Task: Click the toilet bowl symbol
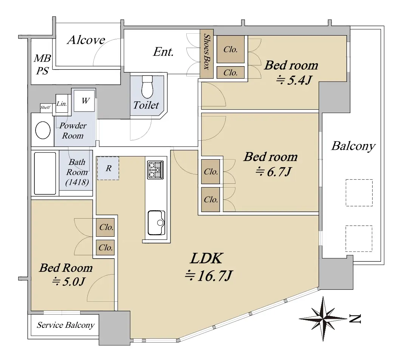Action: pyautogui.click(x=147, y=87)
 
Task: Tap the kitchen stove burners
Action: pyautogui.click(x=155, y=170)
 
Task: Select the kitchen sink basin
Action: pyautogui.click(x=156, y=223)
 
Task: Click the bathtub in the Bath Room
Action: pyautogui.click(x=45, y=174)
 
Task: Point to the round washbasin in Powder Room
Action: pyautogui.click(x=43, y=130)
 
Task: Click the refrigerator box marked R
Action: pyautogui.click(x=108, y=168)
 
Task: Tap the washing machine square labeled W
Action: pyautogui.click(x=84, y=101)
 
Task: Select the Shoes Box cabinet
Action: pyautogui.click(x=206, y=56)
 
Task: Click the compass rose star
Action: pyautogui.click(x=323, y=318)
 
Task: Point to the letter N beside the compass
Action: pyautogui.click(x=355, y=318)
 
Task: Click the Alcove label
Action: pyautogui.click(x=86, y=40)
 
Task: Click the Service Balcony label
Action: pyautogui.click(x=66, y=325)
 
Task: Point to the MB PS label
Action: pyautogui.click(x=42, y=65)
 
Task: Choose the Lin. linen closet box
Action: pyautogui.click(x=62, y=103)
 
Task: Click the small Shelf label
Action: pyautogui.click(x=45, y=107)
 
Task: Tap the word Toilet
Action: pyautogui.click(x=146, y=105)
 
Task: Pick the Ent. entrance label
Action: pyautogui.click(x=163, y=52)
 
